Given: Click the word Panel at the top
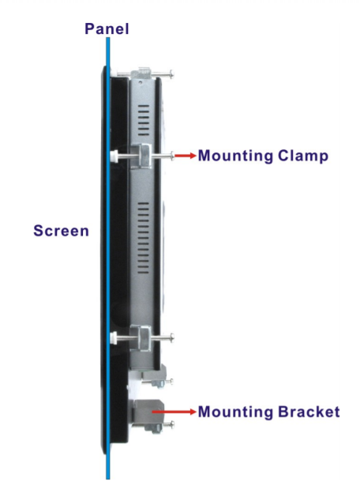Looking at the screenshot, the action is (107, 28).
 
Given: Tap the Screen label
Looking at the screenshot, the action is (61, 231).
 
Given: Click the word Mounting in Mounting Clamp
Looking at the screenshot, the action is (235, 156).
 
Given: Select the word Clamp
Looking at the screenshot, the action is (303, 156).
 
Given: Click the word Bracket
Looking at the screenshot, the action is (309, 412).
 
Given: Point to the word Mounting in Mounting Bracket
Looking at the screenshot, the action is (235, 412).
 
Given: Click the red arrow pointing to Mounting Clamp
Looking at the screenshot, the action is (186, 156).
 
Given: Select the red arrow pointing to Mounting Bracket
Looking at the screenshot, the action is (174, 412).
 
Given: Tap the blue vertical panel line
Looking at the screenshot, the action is (108, 258).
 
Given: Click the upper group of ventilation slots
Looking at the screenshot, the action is (144, 120).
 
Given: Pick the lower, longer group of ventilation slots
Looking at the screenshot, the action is (144, 238).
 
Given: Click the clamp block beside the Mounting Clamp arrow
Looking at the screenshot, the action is (141, 156).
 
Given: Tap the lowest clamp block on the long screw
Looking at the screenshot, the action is (141, 338).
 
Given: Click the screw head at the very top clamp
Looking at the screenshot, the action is (171, 74).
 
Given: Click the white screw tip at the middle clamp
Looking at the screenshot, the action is (114, 156).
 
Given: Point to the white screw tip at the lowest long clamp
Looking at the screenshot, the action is (114, 338).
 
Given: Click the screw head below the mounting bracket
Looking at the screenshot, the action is (171, 424).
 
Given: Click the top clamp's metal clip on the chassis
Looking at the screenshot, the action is (141, 74).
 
